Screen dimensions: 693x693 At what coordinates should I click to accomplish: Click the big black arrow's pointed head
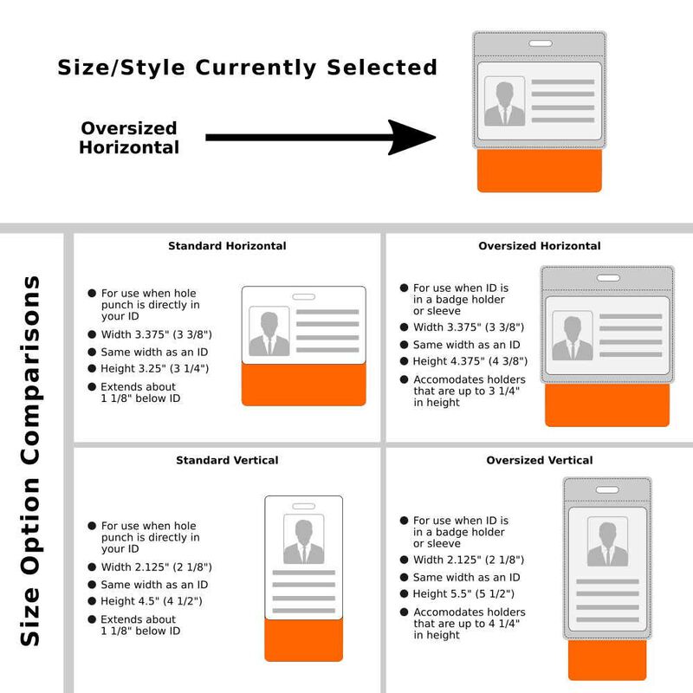(x=435, y=138)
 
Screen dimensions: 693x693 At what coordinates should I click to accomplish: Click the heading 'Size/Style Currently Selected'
(x=248, y=68)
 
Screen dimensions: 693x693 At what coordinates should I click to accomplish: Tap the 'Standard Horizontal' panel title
(x=227, y=246)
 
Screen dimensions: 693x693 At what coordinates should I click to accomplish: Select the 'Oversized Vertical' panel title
(x=539, y=460)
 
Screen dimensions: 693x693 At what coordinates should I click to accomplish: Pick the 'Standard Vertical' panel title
(x=227, y=460)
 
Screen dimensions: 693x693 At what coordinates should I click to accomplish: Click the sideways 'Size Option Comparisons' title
(x=31, y=461)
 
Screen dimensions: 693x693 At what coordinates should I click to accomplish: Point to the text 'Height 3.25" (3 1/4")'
(x=155, y=369)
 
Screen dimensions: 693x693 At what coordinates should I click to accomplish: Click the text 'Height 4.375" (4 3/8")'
(x=470, y=361)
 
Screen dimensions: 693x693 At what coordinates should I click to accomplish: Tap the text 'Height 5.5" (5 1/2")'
(x=463, y=594)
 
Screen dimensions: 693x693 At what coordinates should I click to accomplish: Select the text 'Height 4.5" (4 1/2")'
(x=152, y=601)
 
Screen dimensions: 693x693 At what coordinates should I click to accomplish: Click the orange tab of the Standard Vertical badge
(x=304, y=640)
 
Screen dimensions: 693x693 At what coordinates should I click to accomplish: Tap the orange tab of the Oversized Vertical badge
(x=607, y=660)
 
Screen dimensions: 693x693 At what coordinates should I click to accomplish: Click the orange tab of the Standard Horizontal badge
(x=304, y=385)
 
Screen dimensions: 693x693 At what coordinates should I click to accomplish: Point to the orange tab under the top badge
(x=539, y=171)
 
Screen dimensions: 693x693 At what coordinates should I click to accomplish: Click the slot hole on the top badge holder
(x=540, y=43)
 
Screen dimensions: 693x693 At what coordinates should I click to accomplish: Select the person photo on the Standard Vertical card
(x=304, y=539)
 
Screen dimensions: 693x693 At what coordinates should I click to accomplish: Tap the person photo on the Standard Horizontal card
(x=269, y=332)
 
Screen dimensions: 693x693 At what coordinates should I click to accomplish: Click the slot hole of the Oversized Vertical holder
(x=607, y=489)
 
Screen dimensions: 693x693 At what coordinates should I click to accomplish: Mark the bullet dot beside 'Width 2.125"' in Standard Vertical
(x=92, y=567)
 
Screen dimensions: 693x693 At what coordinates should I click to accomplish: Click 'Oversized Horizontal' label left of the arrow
(x=129, y=138)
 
